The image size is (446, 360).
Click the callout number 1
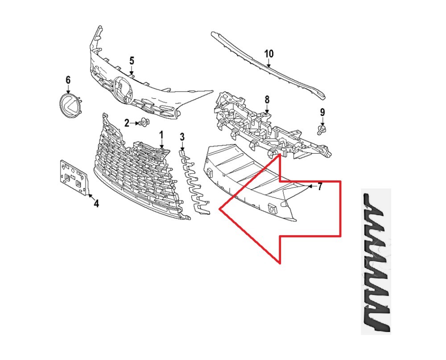[161, 135]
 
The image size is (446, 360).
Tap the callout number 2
[127, 123]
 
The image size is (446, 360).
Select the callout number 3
[182, 137]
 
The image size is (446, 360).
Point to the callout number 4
[96, 204]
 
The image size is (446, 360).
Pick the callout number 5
[132, 61]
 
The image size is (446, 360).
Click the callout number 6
[68, 80]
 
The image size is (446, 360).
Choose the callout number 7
[320, 187]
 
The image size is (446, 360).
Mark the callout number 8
[267, 100]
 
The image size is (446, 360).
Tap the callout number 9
[322, 113]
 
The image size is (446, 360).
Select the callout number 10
[269, 54]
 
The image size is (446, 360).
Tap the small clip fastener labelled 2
[144, 123]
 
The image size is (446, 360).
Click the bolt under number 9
[322, 131]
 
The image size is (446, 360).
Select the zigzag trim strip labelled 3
[194, 182]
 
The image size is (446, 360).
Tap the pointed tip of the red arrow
[219, 209]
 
